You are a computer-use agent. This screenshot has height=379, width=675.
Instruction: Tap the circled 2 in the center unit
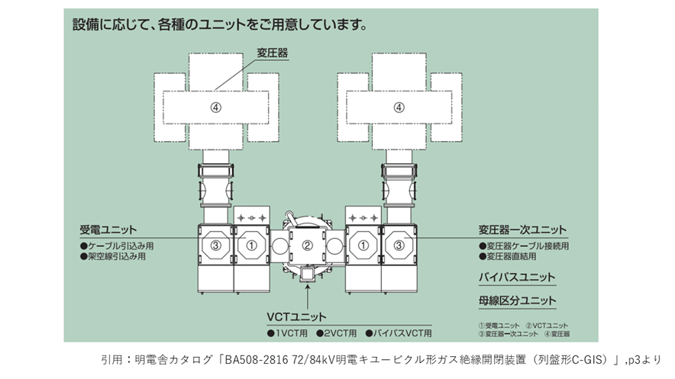click(x=307, y=246)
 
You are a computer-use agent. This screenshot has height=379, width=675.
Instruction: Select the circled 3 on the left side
click(x=216, y=246)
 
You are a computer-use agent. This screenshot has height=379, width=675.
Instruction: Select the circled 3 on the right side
click(x=397, y=246)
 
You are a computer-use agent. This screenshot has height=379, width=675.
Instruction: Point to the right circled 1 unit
click(x=363, y=246)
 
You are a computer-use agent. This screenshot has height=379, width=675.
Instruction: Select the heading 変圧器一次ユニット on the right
click(x=523, y=230)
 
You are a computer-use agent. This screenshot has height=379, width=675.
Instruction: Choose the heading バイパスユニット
click(x=517, y=278)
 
